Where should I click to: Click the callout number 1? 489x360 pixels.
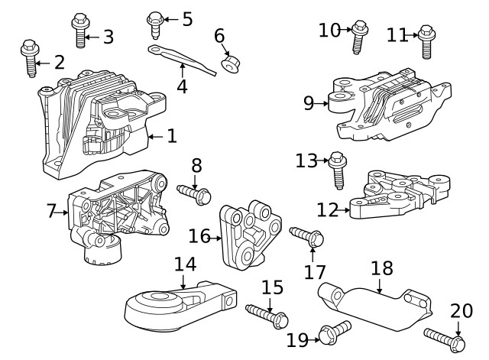point(172,136)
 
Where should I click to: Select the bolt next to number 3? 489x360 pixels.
point(79,31)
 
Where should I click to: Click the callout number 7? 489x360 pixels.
point(51,210)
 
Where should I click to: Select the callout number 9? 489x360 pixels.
point(309,102)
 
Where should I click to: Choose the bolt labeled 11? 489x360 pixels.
point(426,42)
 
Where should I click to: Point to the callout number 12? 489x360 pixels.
point(327,207)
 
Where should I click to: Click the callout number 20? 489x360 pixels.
point(461,311)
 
